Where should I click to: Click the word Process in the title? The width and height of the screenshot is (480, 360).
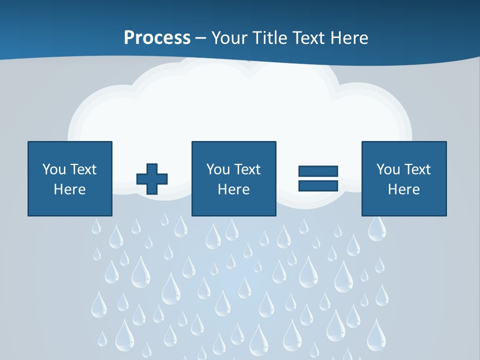[x=157, y=38]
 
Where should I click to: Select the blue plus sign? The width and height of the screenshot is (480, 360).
[x=152, y=179]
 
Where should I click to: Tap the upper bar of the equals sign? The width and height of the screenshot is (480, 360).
[x=318, y=171]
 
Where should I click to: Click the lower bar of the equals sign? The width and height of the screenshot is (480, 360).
[x=318, y=185]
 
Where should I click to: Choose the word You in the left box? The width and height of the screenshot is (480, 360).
[x=54, y=169]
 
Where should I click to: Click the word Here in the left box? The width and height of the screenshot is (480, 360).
[x=69, y=189]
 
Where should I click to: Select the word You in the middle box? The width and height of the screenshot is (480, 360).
[x=218, y=169]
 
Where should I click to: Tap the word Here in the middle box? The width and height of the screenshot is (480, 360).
[x=233, y=189]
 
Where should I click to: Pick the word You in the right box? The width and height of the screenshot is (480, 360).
[x=388, y=169]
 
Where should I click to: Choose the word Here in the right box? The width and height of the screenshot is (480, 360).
[x=403, y=189]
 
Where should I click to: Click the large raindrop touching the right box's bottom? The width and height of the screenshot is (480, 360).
[x=376, y=229]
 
